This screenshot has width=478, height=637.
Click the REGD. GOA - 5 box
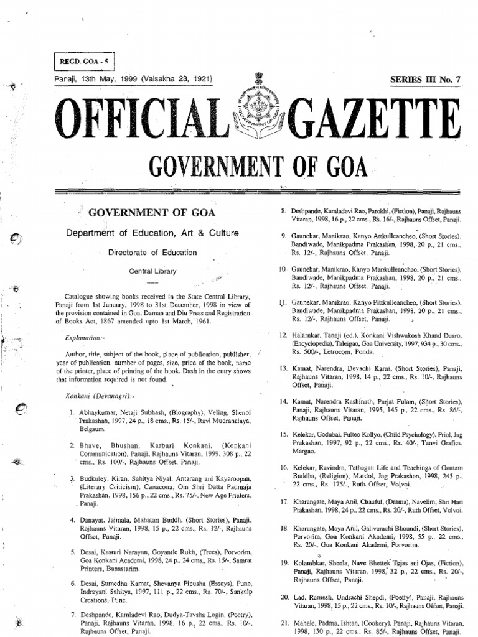(83, 63)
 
